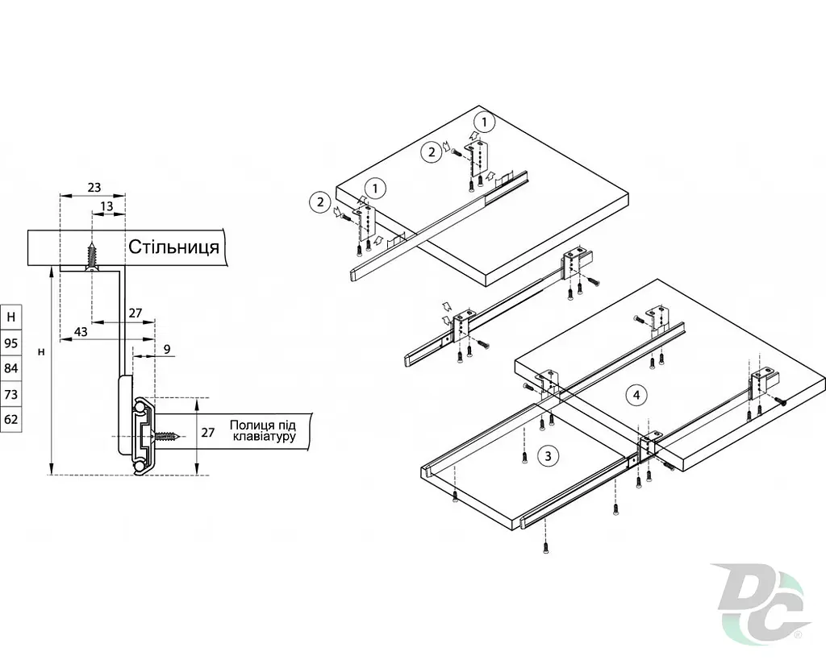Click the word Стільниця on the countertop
[174, 247]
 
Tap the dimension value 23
[94, 188]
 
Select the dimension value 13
[106, 206]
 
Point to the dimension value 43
[81, 332]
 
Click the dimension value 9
[167, 349]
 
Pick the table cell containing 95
[11, 343]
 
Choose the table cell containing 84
[11, 368]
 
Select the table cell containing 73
[11, 394]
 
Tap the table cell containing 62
[11, 420]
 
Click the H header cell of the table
[11, 318]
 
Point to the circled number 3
[548, 456]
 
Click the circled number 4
[636, 395]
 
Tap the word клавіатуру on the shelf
[264, 437]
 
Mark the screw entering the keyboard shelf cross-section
[167, 436]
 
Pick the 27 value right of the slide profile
[207, 432]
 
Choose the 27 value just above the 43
[136, 313]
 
